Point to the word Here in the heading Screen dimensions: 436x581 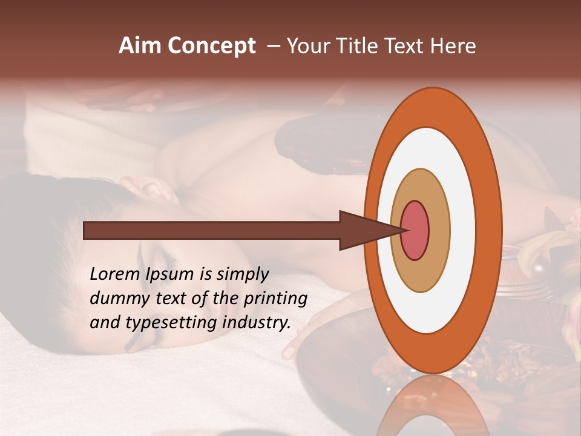[x=454, y=46]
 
